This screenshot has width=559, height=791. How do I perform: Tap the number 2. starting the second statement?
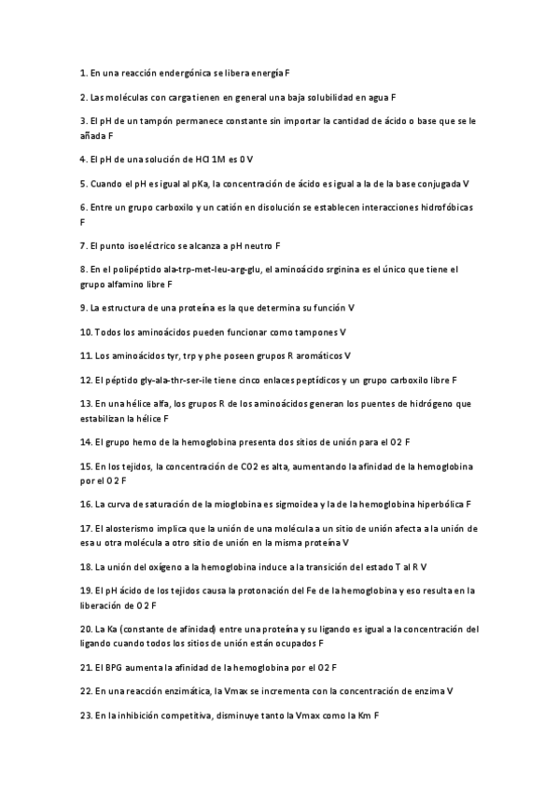point(84,96)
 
